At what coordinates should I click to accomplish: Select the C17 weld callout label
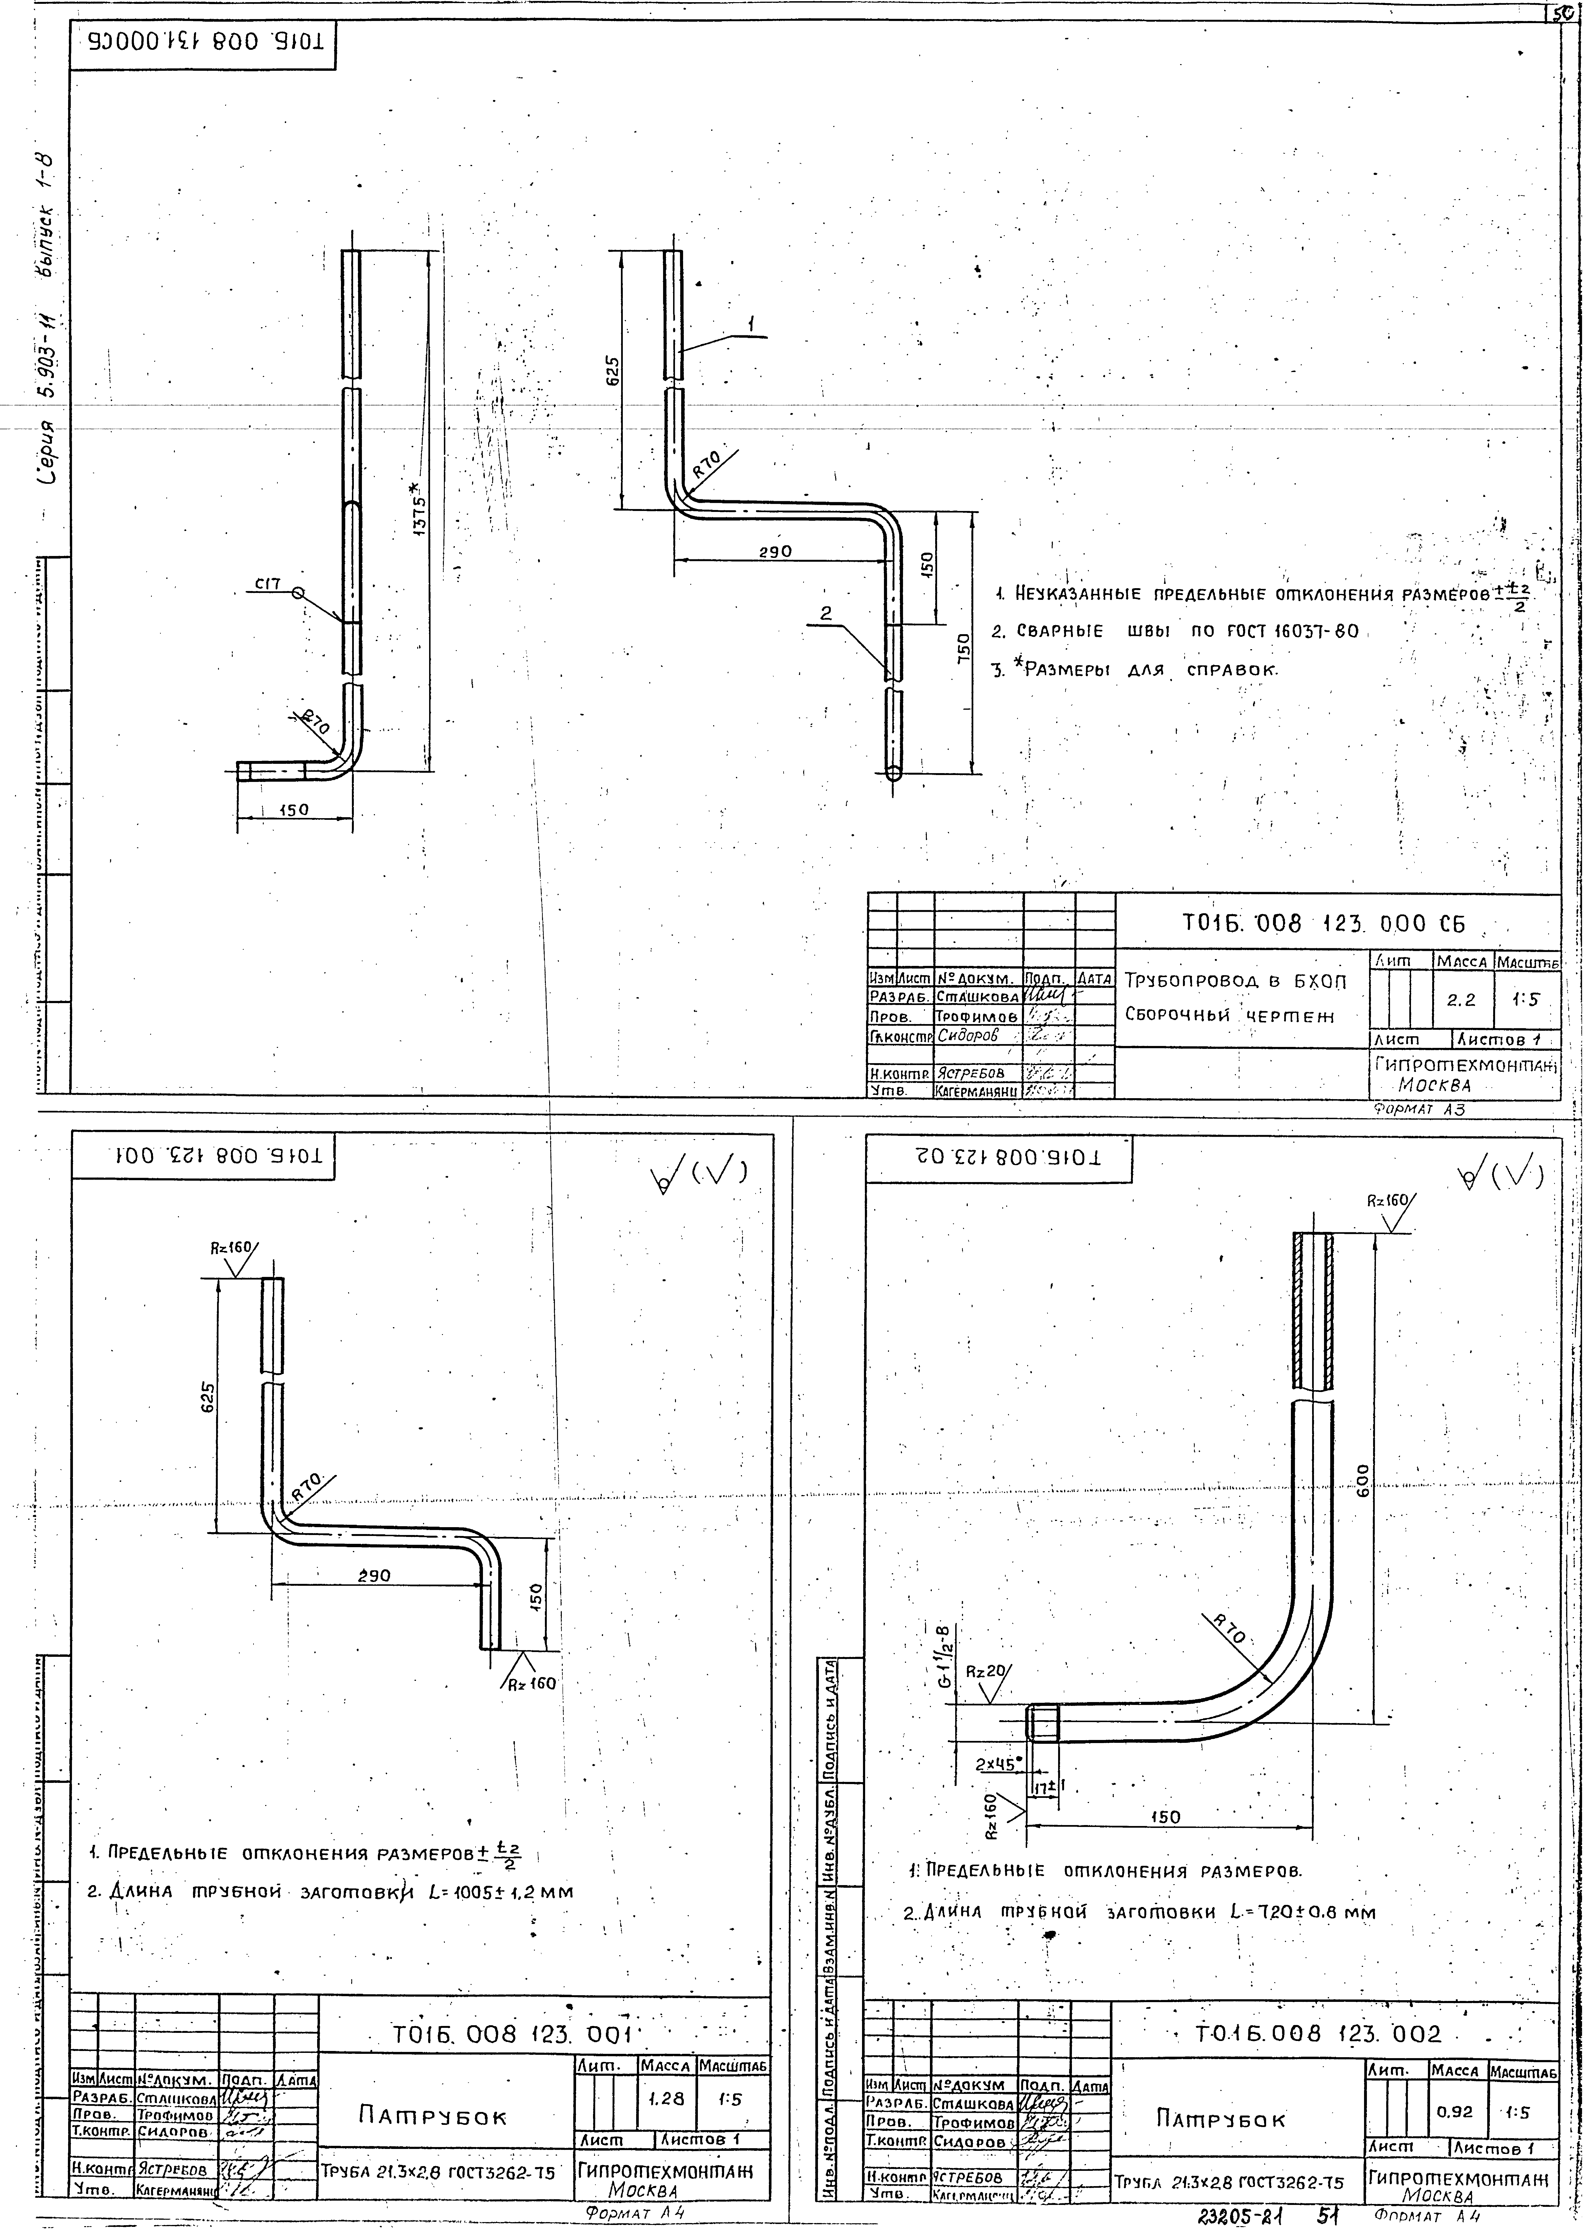[x=268, y=585]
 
